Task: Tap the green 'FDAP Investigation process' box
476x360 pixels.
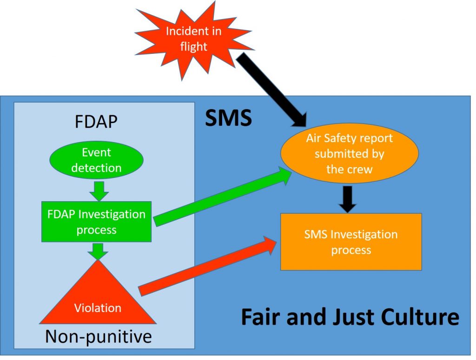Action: tap(96, 222)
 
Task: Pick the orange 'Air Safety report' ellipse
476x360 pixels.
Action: tap(349, 154)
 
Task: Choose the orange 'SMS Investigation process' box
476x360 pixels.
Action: tap(351, 242)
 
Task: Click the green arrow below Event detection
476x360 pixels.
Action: tap(98, 190)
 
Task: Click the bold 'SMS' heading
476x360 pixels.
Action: tap(228, 119)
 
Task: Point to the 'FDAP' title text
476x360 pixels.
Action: tap(96, 122)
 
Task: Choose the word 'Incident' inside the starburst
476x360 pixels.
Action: tap(194, 32)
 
